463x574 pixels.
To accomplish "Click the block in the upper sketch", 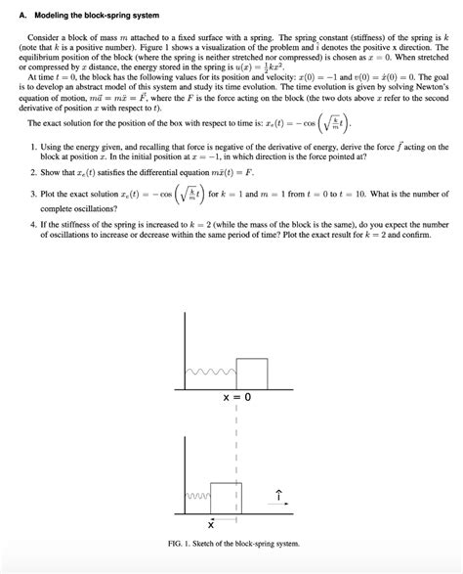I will [x=252, y=373].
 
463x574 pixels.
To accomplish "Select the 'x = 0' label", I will [x=237, y=398].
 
